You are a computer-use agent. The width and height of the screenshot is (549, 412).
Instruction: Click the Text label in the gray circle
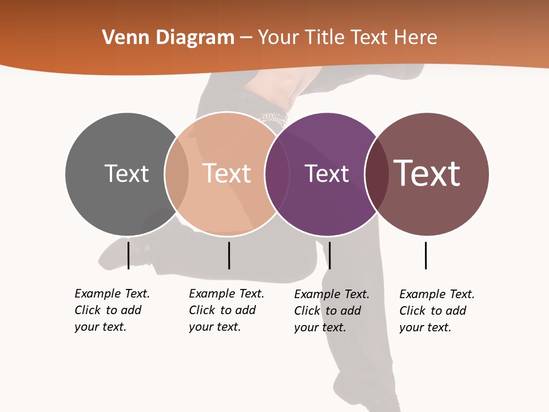[x=126, y=173]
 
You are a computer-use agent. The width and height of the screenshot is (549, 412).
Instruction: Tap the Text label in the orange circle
[x=226, y=173]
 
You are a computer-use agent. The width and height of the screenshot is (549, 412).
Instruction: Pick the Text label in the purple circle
[x=327, y=173]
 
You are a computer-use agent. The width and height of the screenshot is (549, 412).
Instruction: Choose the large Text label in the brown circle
[x=427, y=173]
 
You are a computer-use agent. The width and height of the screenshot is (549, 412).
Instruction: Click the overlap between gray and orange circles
[x=177, y=174]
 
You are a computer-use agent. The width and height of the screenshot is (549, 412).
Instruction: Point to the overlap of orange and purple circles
[x=277, y=174]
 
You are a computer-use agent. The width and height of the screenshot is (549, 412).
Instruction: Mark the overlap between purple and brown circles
[x=376, y=174]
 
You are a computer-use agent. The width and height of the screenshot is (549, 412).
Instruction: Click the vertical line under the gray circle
[x=128, y=255]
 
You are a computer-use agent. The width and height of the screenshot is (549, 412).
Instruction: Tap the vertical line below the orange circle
[x=229, y=255]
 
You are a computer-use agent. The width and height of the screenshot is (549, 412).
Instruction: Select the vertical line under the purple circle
[x=329, y=255]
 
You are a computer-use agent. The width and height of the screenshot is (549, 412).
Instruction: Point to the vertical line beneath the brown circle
[x=425, y=255]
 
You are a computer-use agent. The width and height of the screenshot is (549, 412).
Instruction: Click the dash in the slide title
[x=246, y=38]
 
